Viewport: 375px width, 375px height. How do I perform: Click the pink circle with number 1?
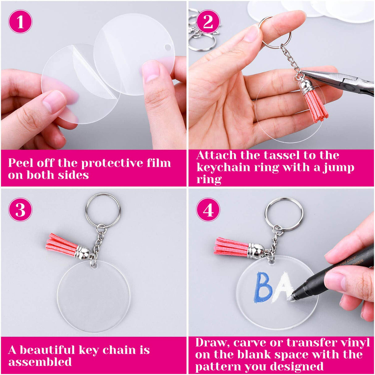[20, 22]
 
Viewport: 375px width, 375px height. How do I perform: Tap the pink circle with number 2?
[208, 22]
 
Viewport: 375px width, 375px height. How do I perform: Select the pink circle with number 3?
[20, 210]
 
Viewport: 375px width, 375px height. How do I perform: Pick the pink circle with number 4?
[208, 210]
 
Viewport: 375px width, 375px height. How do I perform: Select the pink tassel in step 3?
[61, 244]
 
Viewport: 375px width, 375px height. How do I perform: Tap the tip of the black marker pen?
[292, 297]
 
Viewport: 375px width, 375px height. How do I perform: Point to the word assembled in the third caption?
[40, 362]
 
